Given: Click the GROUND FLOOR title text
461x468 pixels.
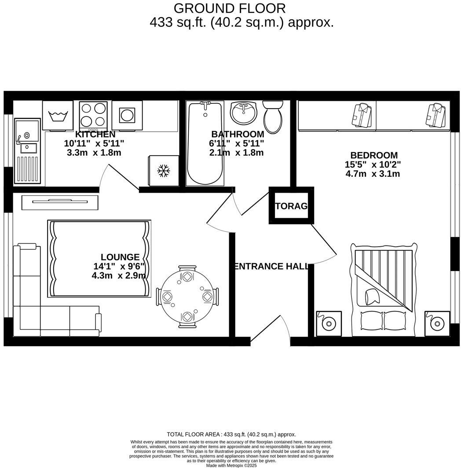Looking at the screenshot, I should point(230,8).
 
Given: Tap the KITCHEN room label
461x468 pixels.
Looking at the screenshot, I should point(95,134).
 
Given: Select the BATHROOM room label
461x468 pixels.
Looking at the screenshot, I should point(238,134).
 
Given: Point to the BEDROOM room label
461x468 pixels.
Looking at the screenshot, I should point(373,155).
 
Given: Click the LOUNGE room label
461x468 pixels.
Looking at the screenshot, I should point(120,257).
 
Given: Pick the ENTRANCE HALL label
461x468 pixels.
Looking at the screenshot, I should point(271,266).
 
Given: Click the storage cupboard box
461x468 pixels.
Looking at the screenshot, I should point(291,206).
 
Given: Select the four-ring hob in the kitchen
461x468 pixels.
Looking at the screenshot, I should point(93,115).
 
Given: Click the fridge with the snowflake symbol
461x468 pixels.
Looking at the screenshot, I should point(163,171).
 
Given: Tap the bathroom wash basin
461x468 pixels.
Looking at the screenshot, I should point(243,112).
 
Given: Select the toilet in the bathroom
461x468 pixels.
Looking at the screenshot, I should point(273,116).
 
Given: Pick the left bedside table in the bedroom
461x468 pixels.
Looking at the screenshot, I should point(329,324).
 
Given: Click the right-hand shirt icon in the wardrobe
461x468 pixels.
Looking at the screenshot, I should point(433,115).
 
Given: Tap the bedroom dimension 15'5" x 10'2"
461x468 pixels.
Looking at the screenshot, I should point(373,165).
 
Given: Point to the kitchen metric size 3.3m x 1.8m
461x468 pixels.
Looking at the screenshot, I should point(94,153).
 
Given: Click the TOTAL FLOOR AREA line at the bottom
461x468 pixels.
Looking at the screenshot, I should point(231,434).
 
